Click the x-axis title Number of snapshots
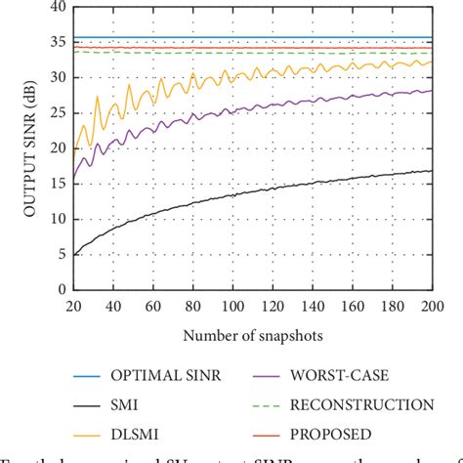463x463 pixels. [x=252, y=334]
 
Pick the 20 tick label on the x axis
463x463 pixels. [x=73, y=306]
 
